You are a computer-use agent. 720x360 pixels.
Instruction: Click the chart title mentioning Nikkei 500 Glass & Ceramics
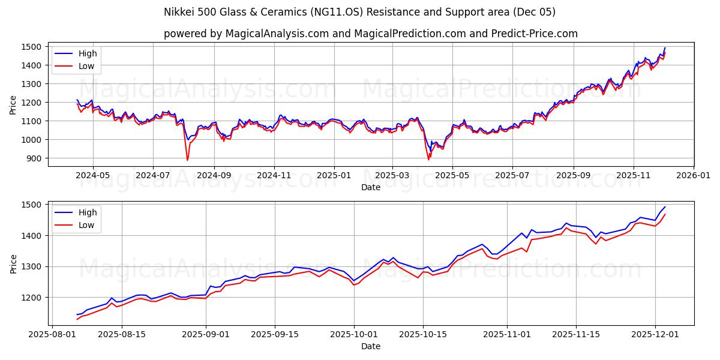click(x=359, y=12)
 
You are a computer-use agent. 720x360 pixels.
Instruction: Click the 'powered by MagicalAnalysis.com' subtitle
click(x=370, y=34)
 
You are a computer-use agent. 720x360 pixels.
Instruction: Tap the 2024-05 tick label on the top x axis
click(x=93, y=176)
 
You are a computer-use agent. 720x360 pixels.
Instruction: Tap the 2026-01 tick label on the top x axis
click(x=694, y=176)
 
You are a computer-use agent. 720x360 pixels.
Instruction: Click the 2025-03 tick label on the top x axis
click(x=392, y=176)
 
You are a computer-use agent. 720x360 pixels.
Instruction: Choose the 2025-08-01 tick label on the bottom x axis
click(x=53, y=335)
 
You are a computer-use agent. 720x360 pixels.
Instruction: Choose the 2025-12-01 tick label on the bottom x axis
click(x=655, y=335)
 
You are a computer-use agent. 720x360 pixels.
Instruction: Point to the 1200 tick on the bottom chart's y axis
click(x=33, y=298)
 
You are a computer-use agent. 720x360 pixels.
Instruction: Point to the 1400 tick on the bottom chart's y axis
click(x=33, y=236)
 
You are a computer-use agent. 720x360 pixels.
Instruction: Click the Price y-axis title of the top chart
click(x=13, y=104)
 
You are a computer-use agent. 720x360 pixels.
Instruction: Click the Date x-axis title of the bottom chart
click(x=370, y=346)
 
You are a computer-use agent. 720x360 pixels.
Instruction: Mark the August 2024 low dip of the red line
click(x=187, y=160)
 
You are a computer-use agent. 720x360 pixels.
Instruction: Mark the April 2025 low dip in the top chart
click(x=428, y=159)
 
